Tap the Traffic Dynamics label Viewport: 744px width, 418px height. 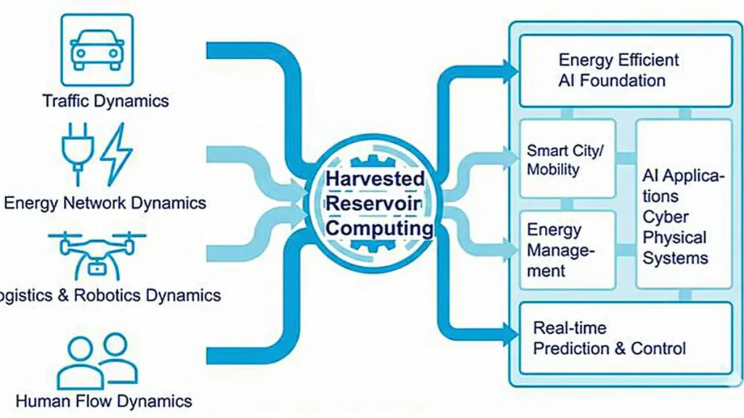[x=105, y=100]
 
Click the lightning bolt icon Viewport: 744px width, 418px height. [x=116, y=153]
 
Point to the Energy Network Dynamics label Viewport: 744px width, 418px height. [x=105, y=202]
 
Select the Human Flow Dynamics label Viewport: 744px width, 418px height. [x=104, y=401]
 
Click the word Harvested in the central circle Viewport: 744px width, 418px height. [x=375, y=179]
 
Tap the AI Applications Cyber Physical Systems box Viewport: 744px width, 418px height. [x=684, y=205]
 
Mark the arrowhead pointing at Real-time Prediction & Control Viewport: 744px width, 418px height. [x=511, y=335]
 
